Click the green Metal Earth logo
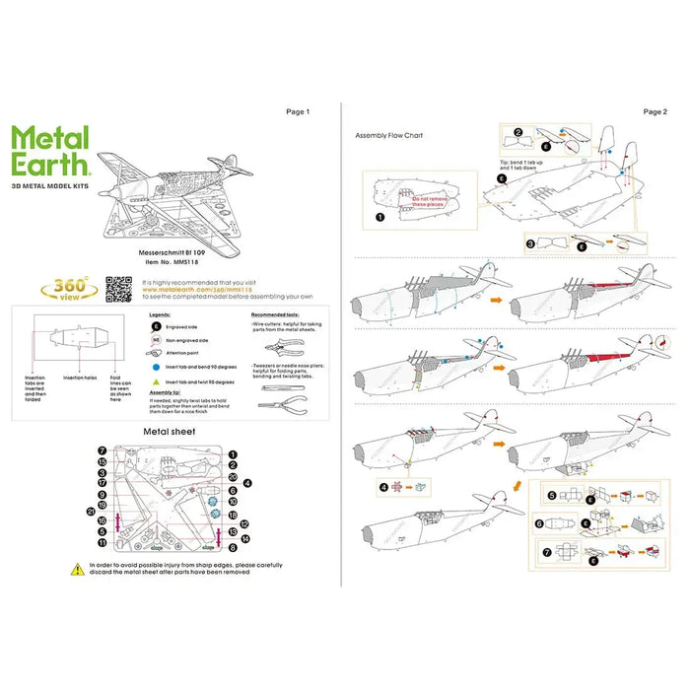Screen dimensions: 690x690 pyautogui.click(x=51, y=150)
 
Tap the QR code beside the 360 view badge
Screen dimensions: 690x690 pyautogui.click(x=119, y=290)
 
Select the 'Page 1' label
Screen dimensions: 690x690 pyautogui.click(x=297, y=112)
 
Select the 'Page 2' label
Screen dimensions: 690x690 pyautogui.click(x=654, y=112)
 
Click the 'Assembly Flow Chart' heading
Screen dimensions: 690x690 pyautogui.click(x=388, y=135)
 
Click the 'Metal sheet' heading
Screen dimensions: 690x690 pyautogui.click(x=170, y=431)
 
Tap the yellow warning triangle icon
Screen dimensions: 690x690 pyautogui.click(x=77, y=569)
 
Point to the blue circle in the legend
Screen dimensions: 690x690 pyautogui.click(x=155, y=366)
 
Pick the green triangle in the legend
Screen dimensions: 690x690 pyautogui.click(x=155, y=380)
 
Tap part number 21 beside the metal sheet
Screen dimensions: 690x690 pyautogui.click(x=91, y=511)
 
